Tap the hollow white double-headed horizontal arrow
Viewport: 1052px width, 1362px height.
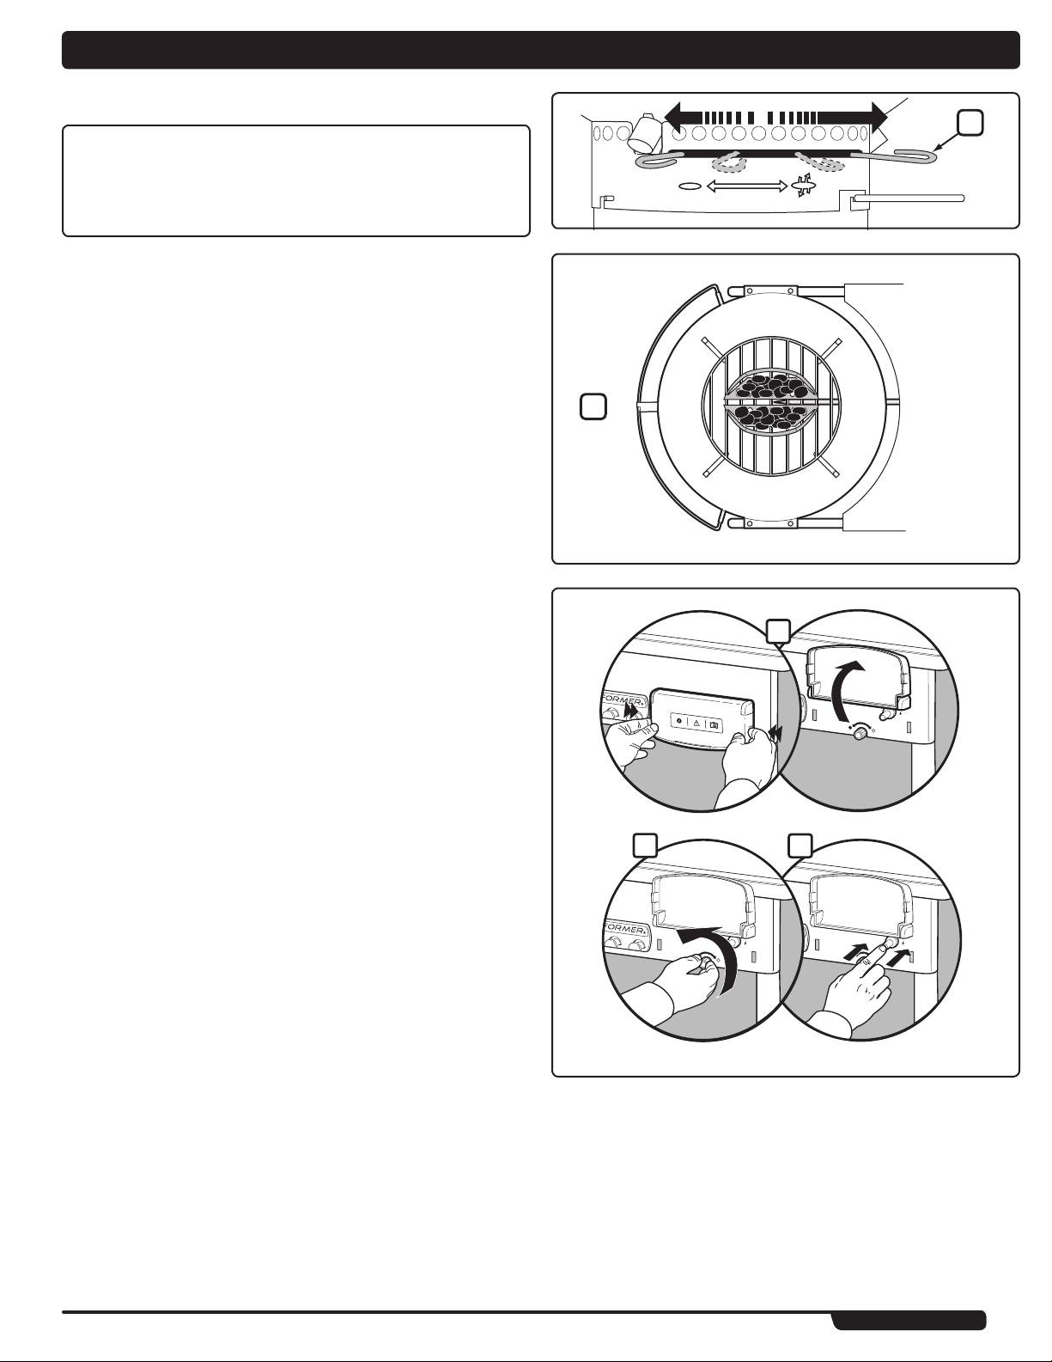[745, 186]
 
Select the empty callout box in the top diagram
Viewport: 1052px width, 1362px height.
[970, 125]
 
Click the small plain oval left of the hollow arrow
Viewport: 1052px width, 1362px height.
[688, 186]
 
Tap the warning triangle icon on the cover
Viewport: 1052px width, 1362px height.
[696, 724]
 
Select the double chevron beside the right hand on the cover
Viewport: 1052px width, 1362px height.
[777, 732]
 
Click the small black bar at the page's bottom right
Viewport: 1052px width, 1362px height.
[909, 1320]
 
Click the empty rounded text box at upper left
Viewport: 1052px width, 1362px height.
[295, 180]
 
